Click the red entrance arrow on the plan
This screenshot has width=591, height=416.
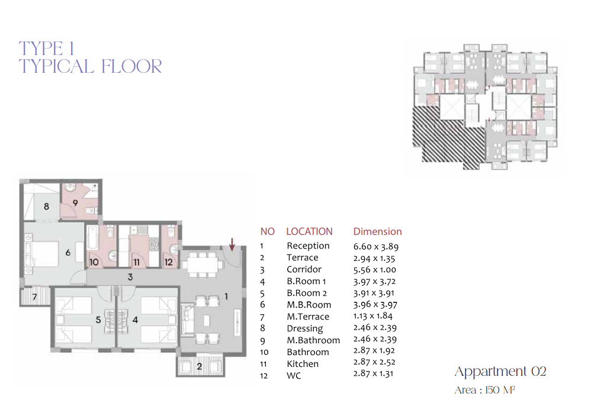(x=232, y=244)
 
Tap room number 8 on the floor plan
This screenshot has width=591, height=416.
(x=46, y=207)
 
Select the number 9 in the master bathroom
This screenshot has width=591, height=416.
(x=75, y=203)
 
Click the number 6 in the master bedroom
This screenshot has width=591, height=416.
(x=68, y=253)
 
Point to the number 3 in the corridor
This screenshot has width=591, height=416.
(x=130, y=277)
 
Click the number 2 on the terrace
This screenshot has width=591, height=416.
(x=200, y=366)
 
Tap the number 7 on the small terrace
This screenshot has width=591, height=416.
(x=35, y=296)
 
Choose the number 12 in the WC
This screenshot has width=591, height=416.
(x=169, y=262)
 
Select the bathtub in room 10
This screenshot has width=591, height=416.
(x=93, y=238)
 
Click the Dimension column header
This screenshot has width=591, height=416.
(x=377, y=231)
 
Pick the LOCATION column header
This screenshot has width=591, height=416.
(x=310, y=231)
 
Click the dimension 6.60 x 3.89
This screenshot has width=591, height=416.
(x=376, y=247)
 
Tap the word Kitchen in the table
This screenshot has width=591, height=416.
(x=303, y=364)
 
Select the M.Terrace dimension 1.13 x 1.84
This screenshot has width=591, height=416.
(x=372, y=316)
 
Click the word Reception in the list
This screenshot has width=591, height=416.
(x=308, y=246)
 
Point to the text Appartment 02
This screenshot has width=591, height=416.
(x=500, y=372)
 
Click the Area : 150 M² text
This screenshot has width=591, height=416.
(x=485, y=389)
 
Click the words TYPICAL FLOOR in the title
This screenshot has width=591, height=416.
(x=91, y=67)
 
